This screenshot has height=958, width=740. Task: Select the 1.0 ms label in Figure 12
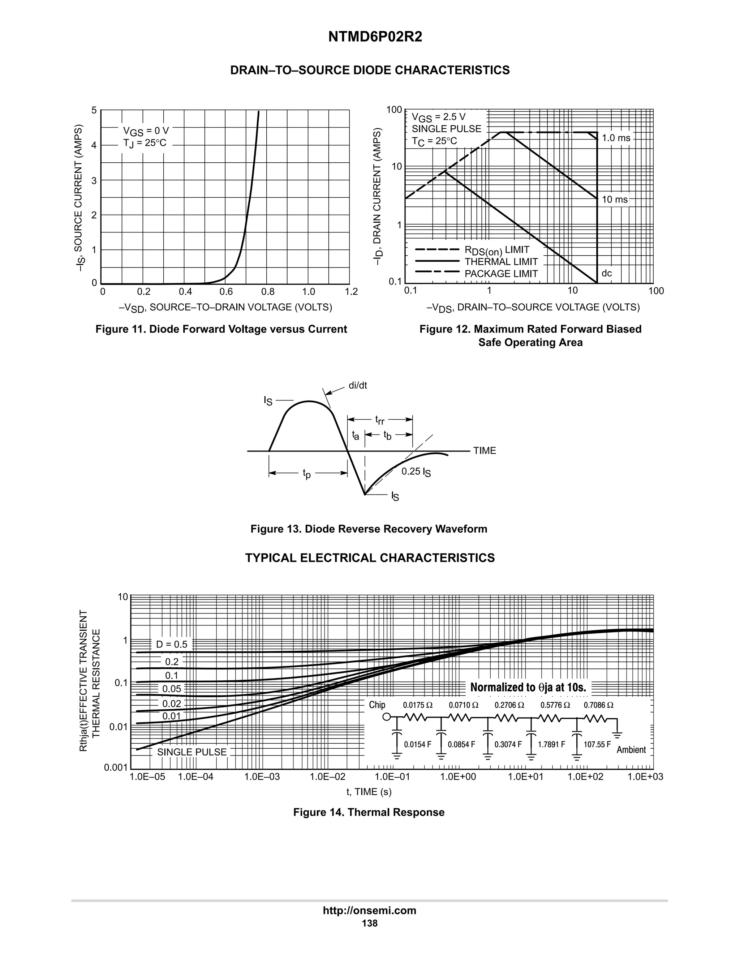(x=616, y=138)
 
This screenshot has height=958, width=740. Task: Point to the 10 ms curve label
(x=615, y=200)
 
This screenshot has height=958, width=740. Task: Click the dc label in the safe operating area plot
(x=606, y=273)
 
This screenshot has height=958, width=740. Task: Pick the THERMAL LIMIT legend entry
(x=501, y=262)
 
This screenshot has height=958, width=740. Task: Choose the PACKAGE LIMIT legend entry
(x=501, y=274)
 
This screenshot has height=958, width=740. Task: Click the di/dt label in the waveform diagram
(x=358, y=386)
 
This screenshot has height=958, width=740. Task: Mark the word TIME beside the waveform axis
(x=485, y=451)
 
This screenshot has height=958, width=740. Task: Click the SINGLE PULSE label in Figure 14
(x=192, y=752)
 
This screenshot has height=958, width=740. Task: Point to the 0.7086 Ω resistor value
(x=598, y=705)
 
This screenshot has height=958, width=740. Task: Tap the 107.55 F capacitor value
(x=597, y=744)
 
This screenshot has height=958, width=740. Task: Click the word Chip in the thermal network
(x=377, y=705)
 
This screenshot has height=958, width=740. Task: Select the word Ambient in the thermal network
(x=631, y=750)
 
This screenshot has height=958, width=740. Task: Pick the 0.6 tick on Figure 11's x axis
(x=225, y=292)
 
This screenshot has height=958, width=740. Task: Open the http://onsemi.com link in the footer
(x=370, y=911)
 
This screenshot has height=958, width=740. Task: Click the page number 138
(x=370, y=923)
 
